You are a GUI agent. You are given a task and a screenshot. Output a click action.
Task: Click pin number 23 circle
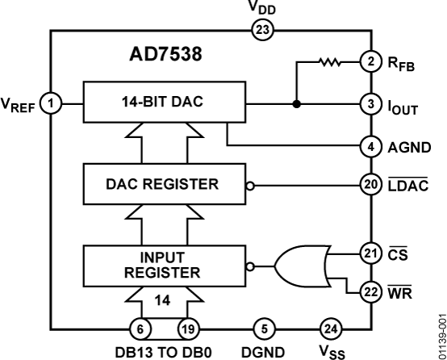pos(264,31)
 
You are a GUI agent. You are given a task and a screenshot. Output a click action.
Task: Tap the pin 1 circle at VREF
pos(52,103)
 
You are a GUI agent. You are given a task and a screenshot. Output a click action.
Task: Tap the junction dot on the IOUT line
pos(298,103)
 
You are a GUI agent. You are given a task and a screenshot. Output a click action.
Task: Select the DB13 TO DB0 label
pos(166,351)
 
